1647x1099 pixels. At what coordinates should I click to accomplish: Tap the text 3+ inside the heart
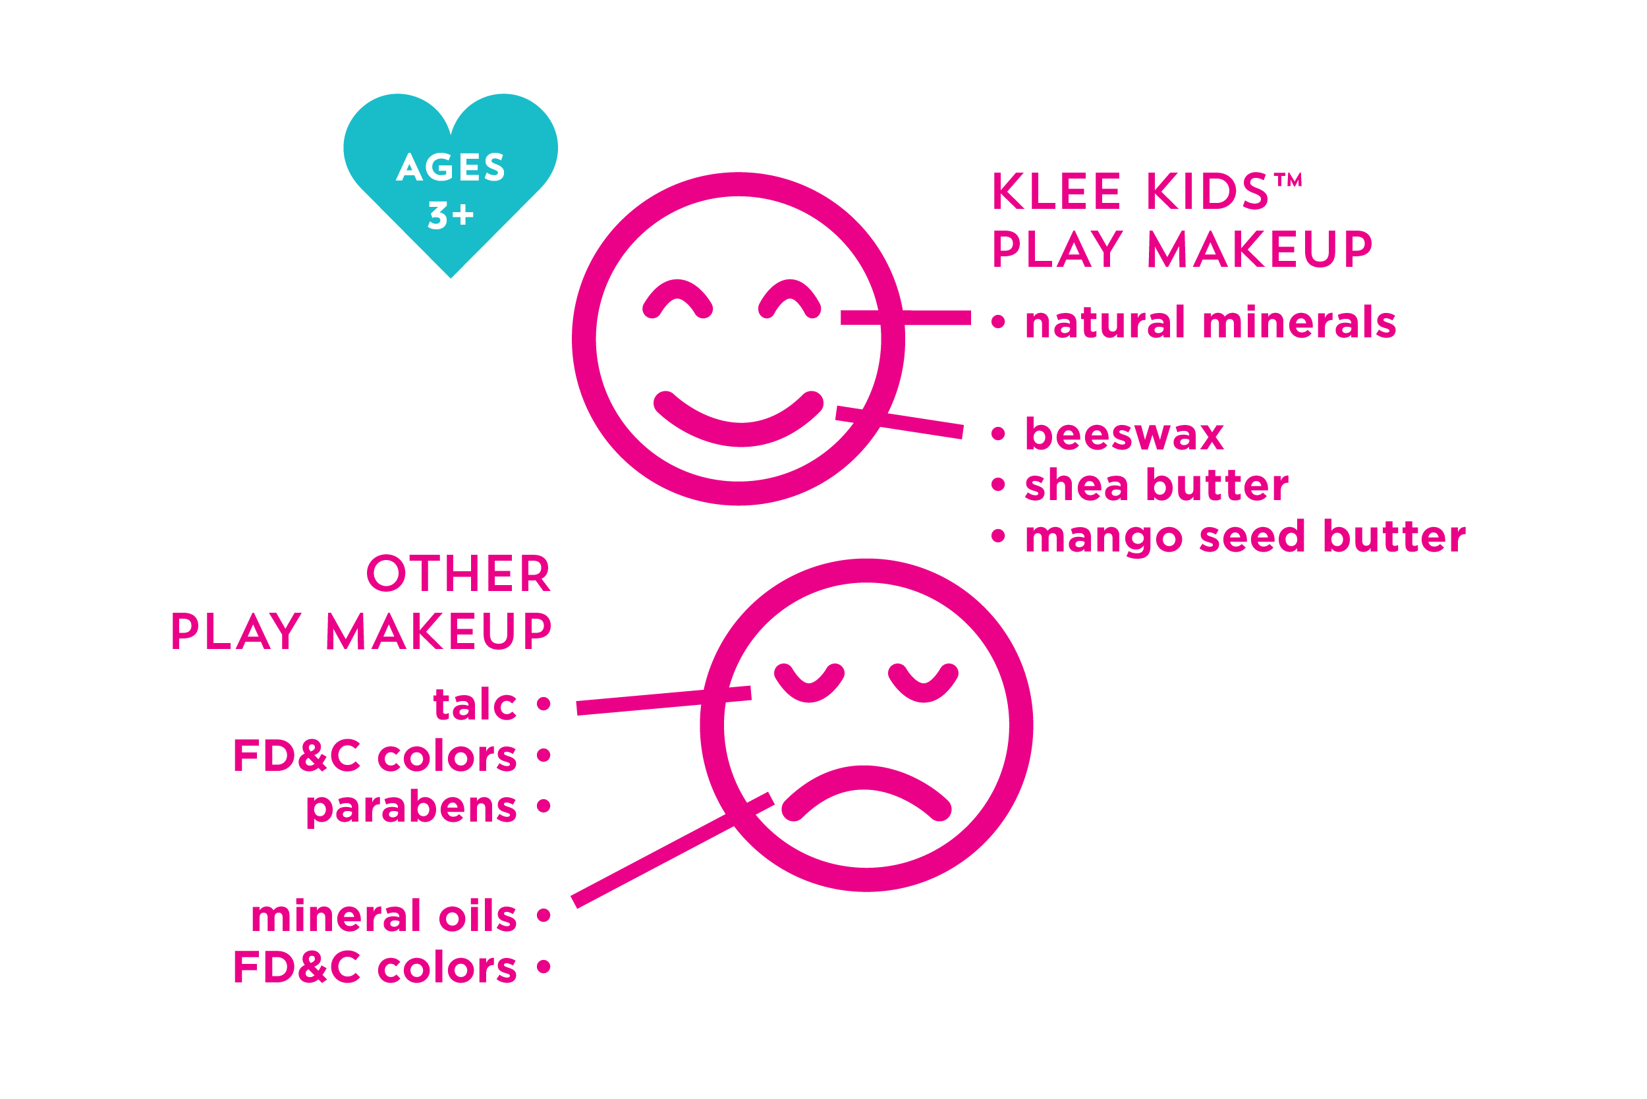pos(451,215)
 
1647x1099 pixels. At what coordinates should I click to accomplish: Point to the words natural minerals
pos(1210,322)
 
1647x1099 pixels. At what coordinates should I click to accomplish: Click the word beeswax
pos(1124,435)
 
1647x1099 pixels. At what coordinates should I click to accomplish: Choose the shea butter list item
pos(1156,485)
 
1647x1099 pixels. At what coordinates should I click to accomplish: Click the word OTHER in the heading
pos(459,574)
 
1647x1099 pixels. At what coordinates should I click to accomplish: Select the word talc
pos(475,704)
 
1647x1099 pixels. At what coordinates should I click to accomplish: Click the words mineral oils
pos(384,916)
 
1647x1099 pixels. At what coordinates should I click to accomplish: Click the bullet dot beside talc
pos(544,704)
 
